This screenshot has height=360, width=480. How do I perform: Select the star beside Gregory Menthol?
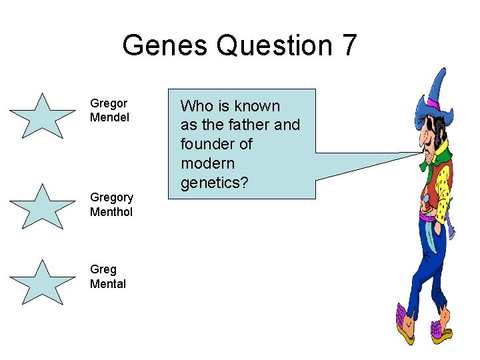[42, 207]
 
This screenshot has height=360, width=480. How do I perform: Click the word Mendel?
[109, 117]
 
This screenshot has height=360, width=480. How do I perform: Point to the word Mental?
[108, 284]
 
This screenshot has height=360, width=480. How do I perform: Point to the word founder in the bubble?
[205, 144]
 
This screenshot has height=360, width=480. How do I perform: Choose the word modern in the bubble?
[207, 163]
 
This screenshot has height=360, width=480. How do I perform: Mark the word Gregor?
[109, 103]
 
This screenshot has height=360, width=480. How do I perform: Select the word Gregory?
[111, 197]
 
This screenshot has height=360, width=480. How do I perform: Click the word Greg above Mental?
[103, 269]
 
